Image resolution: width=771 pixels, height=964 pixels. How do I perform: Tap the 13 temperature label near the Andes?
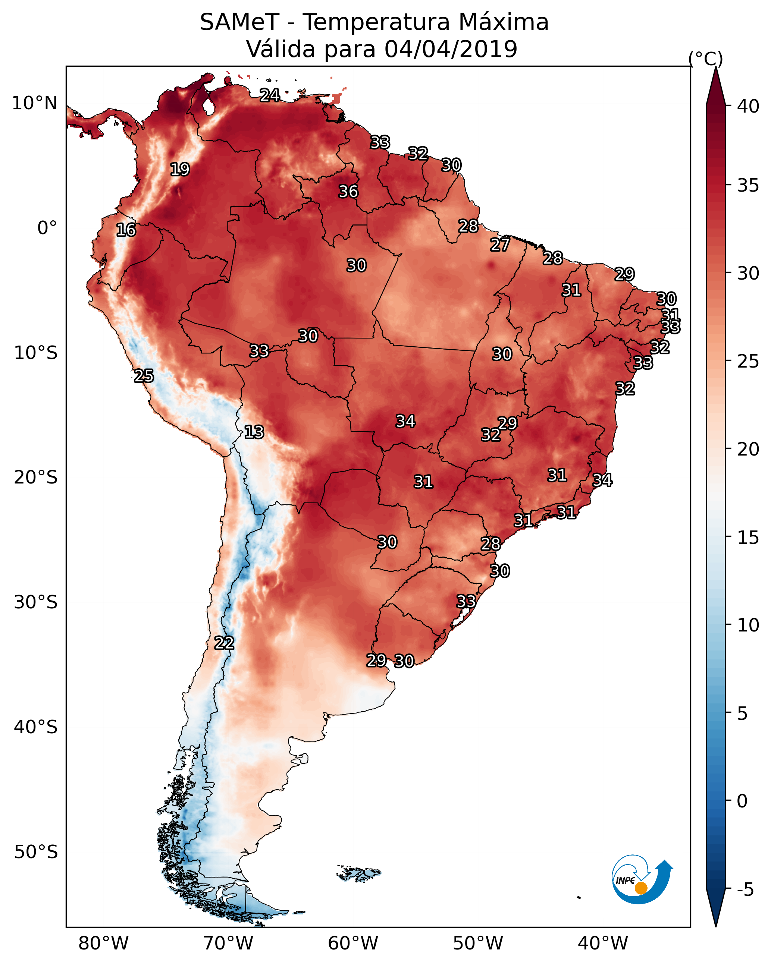[x=254, y=432]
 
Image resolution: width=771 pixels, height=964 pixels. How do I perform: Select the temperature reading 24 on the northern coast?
[x=270, y=95]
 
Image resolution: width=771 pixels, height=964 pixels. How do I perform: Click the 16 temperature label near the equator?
[x=126, y=230]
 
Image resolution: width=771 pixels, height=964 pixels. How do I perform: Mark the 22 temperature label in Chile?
[x=224, y=643]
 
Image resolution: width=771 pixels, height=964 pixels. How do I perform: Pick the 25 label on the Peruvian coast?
[x=144, y=376]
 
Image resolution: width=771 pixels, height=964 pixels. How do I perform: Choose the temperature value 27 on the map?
[x=500, y=245]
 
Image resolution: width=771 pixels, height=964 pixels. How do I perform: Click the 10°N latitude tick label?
[x=34, y=103]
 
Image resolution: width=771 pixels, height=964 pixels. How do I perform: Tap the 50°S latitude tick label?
[x=36, y=852]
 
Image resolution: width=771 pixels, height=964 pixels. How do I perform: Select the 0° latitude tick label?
[x=47, y=228]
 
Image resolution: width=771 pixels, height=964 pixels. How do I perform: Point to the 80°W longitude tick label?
[x=103, y=943]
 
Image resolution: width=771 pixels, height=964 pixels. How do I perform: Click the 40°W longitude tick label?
[x=603, y=943]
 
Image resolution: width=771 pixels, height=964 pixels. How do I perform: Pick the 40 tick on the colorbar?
[x=748, y=106]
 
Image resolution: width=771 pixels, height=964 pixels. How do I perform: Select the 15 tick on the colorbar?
[x=748, y=538]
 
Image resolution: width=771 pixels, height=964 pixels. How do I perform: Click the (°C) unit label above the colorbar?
[x=706, y=59]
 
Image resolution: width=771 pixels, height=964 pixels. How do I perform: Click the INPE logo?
[x=643, y=879]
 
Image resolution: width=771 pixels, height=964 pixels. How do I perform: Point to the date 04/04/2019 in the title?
[x=451, y=49]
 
